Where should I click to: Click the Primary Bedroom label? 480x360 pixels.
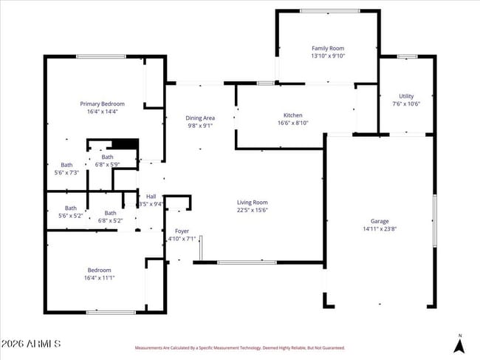(x=102, y=104)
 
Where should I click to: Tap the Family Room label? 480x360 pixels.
(x=328, y=48)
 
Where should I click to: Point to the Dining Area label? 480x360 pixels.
(x=199, y=118)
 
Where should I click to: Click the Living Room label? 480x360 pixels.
(x=252, y=202)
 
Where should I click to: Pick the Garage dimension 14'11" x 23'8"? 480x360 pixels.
(x=380, y=229)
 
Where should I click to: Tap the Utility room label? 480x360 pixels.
(x=406, y=96)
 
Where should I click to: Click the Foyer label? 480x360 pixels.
(x=182, y=231)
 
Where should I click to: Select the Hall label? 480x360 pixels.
(x=151, y=196)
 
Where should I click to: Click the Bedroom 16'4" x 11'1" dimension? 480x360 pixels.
(x=100, y=278)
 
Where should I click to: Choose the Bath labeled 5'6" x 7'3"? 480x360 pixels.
(x=66, y=169)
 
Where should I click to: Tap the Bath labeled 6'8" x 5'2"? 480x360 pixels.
(x=110, y=217)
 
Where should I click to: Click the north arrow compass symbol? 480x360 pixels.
(x=459, y=344)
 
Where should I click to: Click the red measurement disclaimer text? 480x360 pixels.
(x=239, y=347)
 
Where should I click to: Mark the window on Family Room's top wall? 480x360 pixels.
(x=329, y=11)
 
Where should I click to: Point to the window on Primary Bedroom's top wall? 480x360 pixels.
(x=100, y=57)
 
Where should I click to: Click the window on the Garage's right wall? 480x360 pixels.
(x=434, y=214)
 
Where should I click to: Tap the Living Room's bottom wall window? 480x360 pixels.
(x=247, y=262)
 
